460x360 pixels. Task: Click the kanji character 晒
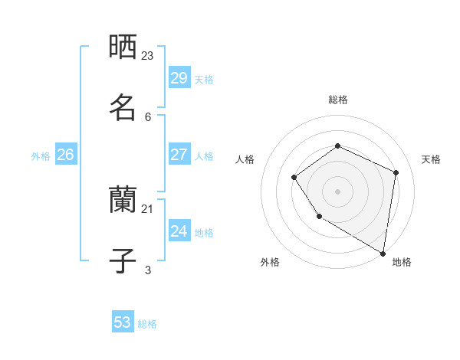click(x=123, y=47)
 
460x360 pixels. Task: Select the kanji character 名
click(x=123, y=106)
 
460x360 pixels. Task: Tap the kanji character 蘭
click(x=123, y=200)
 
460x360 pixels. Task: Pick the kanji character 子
click(x=123, y=260)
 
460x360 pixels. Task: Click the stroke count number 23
click(x=148, y=55)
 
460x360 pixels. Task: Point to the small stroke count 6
click(x=148, y=116)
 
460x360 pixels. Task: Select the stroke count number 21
click(x=148, y=208)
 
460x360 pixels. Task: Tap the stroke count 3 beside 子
click(x=148, y=270)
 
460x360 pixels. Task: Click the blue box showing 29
click(x=179, y=78)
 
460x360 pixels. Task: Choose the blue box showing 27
click(x=179, y=155)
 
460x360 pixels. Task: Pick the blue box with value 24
click(x=179, y=231)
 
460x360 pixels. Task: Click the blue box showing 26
click(x=65, y=155)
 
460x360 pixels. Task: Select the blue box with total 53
click(x=123, y=322)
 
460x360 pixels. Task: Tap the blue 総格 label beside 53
click(x=147, y=324)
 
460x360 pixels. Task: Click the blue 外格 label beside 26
click(x=41, y=156)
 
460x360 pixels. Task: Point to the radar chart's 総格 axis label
click(x=338, y=100)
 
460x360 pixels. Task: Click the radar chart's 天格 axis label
click(x=431, y=159)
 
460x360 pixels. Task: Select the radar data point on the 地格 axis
click(x=383, y=253)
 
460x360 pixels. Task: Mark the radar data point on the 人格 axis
click(x=294, y=178)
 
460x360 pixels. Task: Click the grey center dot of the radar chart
click(x=337, y=191)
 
